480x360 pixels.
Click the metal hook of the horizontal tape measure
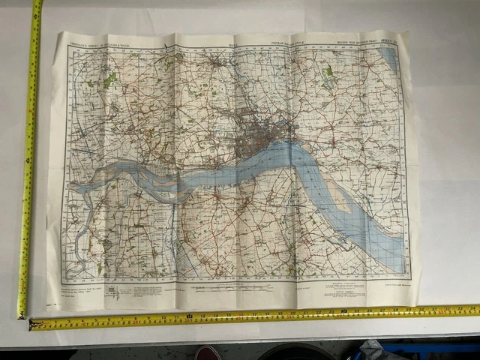tap(32, 324)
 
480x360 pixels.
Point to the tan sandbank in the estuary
tap(342, 198)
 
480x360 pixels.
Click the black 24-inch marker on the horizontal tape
tap(344, 310)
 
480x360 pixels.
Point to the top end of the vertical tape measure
tap(36, 4)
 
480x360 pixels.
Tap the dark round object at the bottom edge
tap(296, 352)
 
